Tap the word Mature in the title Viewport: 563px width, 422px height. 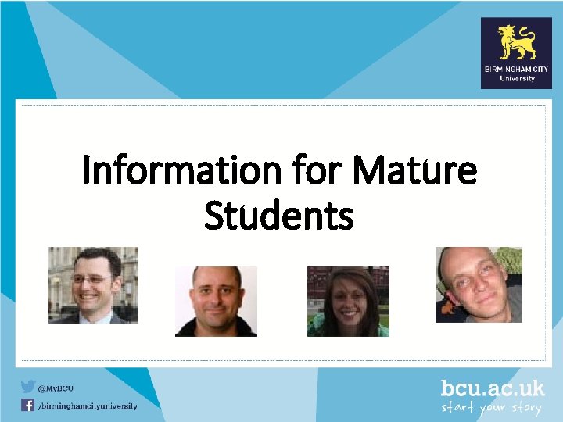pos(414,171)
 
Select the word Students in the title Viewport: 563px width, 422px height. pos(278,216)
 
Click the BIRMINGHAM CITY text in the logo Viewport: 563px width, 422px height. pos(516,70)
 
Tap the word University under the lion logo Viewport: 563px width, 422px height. pos(517,78)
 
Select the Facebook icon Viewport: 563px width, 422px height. pos(28,405)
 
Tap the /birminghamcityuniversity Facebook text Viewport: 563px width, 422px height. pos(88,406)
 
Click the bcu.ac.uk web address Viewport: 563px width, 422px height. pos(492,389)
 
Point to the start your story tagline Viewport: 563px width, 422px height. pos(492,408)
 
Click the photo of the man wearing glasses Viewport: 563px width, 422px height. pos(93,284)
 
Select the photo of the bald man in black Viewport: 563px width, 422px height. pos(216,301)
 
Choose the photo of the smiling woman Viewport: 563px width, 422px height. pos(347,301)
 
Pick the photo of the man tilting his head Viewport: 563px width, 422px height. pos(479,284)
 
